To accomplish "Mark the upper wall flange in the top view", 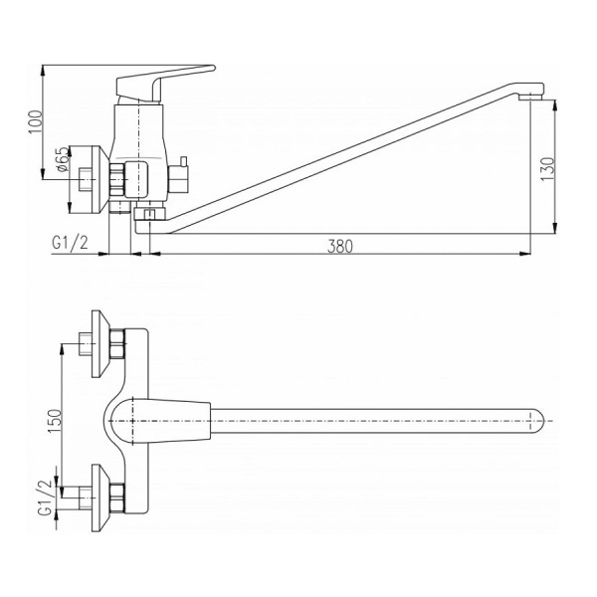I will (97, 343).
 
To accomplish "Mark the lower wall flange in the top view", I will (97, 493).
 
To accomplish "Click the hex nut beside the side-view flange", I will (116, 180).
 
